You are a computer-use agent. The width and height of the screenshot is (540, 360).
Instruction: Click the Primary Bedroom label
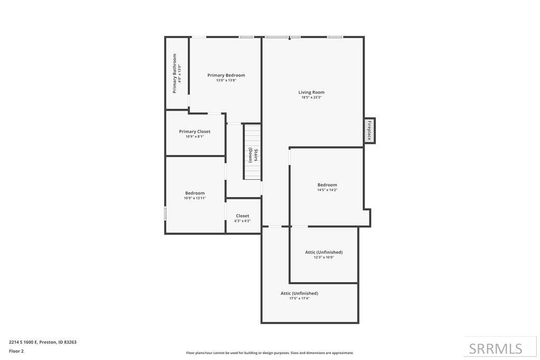(x=226, y=75)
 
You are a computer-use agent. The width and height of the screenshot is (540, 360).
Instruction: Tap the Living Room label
(x=311, y=92)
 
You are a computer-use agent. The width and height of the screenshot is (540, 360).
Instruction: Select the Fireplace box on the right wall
(x=369, y=130)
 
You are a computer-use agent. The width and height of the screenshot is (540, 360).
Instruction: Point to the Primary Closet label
(x=195, y=132)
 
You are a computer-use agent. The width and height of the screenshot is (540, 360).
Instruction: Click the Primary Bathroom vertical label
(x=175, y=73)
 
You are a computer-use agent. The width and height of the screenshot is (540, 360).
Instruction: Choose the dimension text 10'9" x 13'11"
(x=195, y=198)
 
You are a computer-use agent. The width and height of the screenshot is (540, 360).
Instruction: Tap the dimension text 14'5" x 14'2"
(x=327, y=190)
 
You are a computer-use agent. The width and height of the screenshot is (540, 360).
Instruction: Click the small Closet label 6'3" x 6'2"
(x=243, y=216)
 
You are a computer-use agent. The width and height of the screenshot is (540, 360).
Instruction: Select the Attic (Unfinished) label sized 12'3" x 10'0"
(x=324, y=252)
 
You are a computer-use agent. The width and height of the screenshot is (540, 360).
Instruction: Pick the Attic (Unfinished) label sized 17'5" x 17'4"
(x=299, y=294)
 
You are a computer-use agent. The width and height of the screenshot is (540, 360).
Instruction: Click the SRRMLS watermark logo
(x=496, y=348)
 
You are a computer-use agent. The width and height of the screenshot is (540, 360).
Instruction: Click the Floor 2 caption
(x=16, y=351)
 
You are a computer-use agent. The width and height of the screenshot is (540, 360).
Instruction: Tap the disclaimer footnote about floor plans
(x=269, y=353)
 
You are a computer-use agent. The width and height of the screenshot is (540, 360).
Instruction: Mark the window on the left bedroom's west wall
(x=166, y=213)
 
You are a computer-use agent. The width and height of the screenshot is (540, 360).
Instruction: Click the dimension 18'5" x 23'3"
(x=311, y=98)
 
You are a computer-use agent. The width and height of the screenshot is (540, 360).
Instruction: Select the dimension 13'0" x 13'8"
(x=226, y=81)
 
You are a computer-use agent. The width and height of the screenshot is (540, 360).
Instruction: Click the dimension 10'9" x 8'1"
(x=195, y=137)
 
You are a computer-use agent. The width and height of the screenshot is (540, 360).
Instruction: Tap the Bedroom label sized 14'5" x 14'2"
(x=327, y=185)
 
